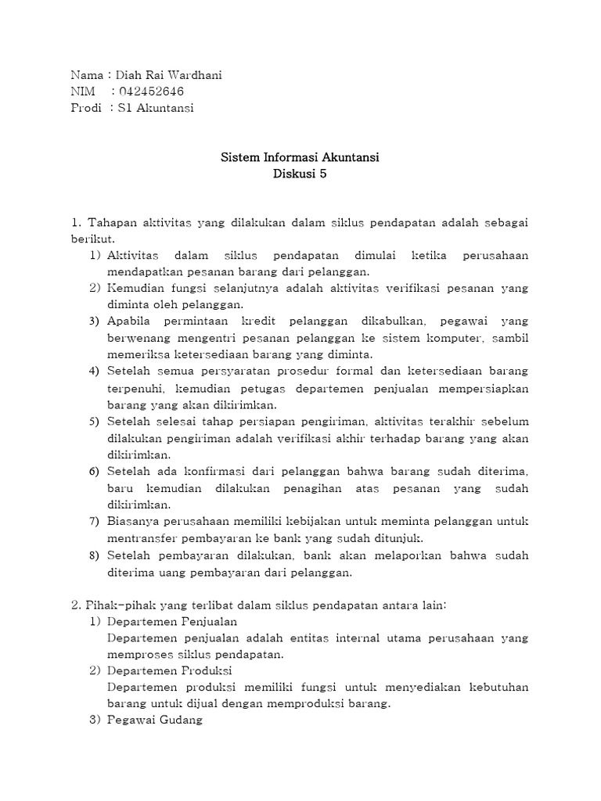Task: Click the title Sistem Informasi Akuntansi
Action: point(300,158)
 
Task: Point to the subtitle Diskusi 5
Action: point(300,174)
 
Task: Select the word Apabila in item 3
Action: point(128,321)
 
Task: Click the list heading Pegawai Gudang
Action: point(155,720)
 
